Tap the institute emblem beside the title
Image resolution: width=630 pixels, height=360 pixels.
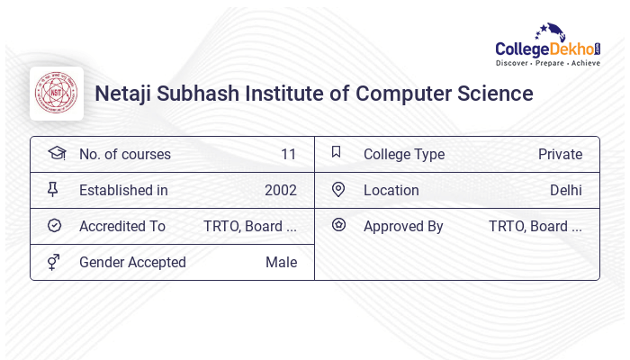57,94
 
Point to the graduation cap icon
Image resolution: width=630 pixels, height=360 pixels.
57,153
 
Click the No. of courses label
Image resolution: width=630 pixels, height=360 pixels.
124,154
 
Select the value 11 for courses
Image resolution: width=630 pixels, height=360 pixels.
288,154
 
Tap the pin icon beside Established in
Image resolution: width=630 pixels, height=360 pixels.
53,189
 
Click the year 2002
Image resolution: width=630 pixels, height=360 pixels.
280,190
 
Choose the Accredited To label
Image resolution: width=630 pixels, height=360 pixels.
121,226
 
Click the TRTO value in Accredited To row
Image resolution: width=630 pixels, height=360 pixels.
249,226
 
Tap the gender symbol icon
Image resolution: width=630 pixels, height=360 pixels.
54,262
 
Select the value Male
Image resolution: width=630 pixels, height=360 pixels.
281,262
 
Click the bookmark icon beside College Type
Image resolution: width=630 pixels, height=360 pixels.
337,152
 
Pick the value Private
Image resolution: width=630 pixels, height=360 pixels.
560,154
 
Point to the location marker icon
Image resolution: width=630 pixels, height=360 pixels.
338,189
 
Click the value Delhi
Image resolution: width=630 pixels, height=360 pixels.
565,190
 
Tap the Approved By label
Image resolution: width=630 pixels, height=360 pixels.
403,226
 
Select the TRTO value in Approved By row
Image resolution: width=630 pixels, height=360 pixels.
535,226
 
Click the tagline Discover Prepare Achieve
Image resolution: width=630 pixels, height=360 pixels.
547,64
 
